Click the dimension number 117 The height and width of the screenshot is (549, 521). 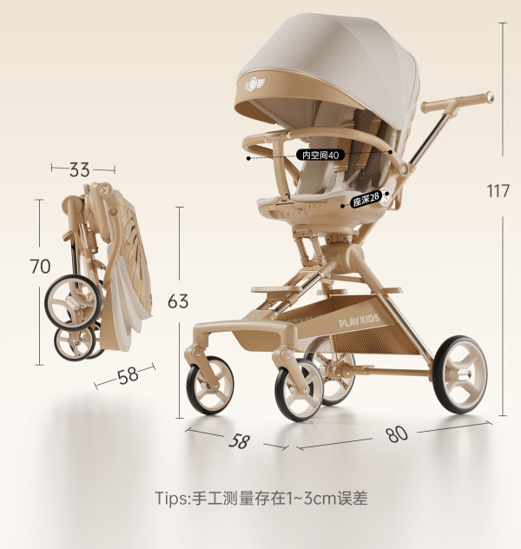pos(498,191)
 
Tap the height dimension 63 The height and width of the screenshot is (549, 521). pos(178,301)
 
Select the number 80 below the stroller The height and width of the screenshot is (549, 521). pos(397,433)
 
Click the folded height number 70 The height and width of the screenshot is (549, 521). pos(40,266)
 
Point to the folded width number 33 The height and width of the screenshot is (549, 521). pos(79,169)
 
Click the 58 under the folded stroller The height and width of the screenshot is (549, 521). pos(128,375)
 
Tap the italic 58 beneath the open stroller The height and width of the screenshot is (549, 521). pos(240,440)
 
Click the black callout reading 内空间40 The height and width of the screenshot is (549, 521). pos(320,155)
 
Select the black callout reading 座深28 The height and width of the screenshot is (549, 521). pos(366,198)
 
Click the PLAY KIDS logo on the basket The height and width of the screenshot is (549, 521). pos(359,321)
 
